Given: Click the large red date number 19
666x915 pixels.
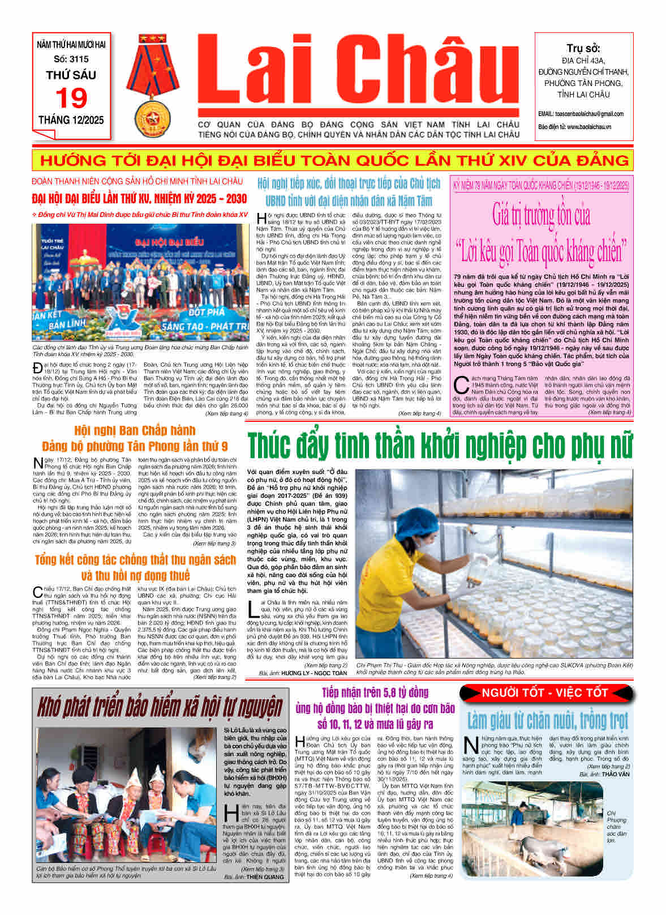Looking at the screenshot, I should coord(71,98).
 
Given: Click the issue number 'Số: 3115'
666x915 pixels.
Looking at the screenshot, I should coord(71,59).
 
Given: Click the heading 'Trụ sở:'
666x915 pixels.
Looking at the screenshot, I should coord(583,48).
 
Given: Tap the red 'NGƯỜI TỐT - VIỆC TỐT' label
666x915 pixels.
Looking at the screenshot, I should coord(544,692).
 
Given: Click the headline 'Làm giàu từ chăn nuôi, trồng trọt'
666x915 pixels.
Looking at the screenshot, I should coord(547,721).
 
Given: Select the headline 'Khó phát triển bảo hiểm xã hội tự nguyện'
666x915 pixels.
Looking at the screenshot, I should coord(160,707).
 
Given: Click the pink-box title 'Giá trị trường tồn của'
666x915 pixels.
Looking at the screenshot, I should coord(541,215).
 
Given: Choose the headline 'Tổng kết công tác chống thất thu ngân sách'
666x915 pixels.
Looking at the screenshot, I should coord(135,560).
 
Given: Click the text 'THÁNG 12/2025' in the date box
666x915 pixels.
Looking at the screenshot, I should coord(71,120).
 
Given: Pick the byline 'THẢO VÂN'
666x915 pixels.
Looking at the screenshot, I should coord(616,774).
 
